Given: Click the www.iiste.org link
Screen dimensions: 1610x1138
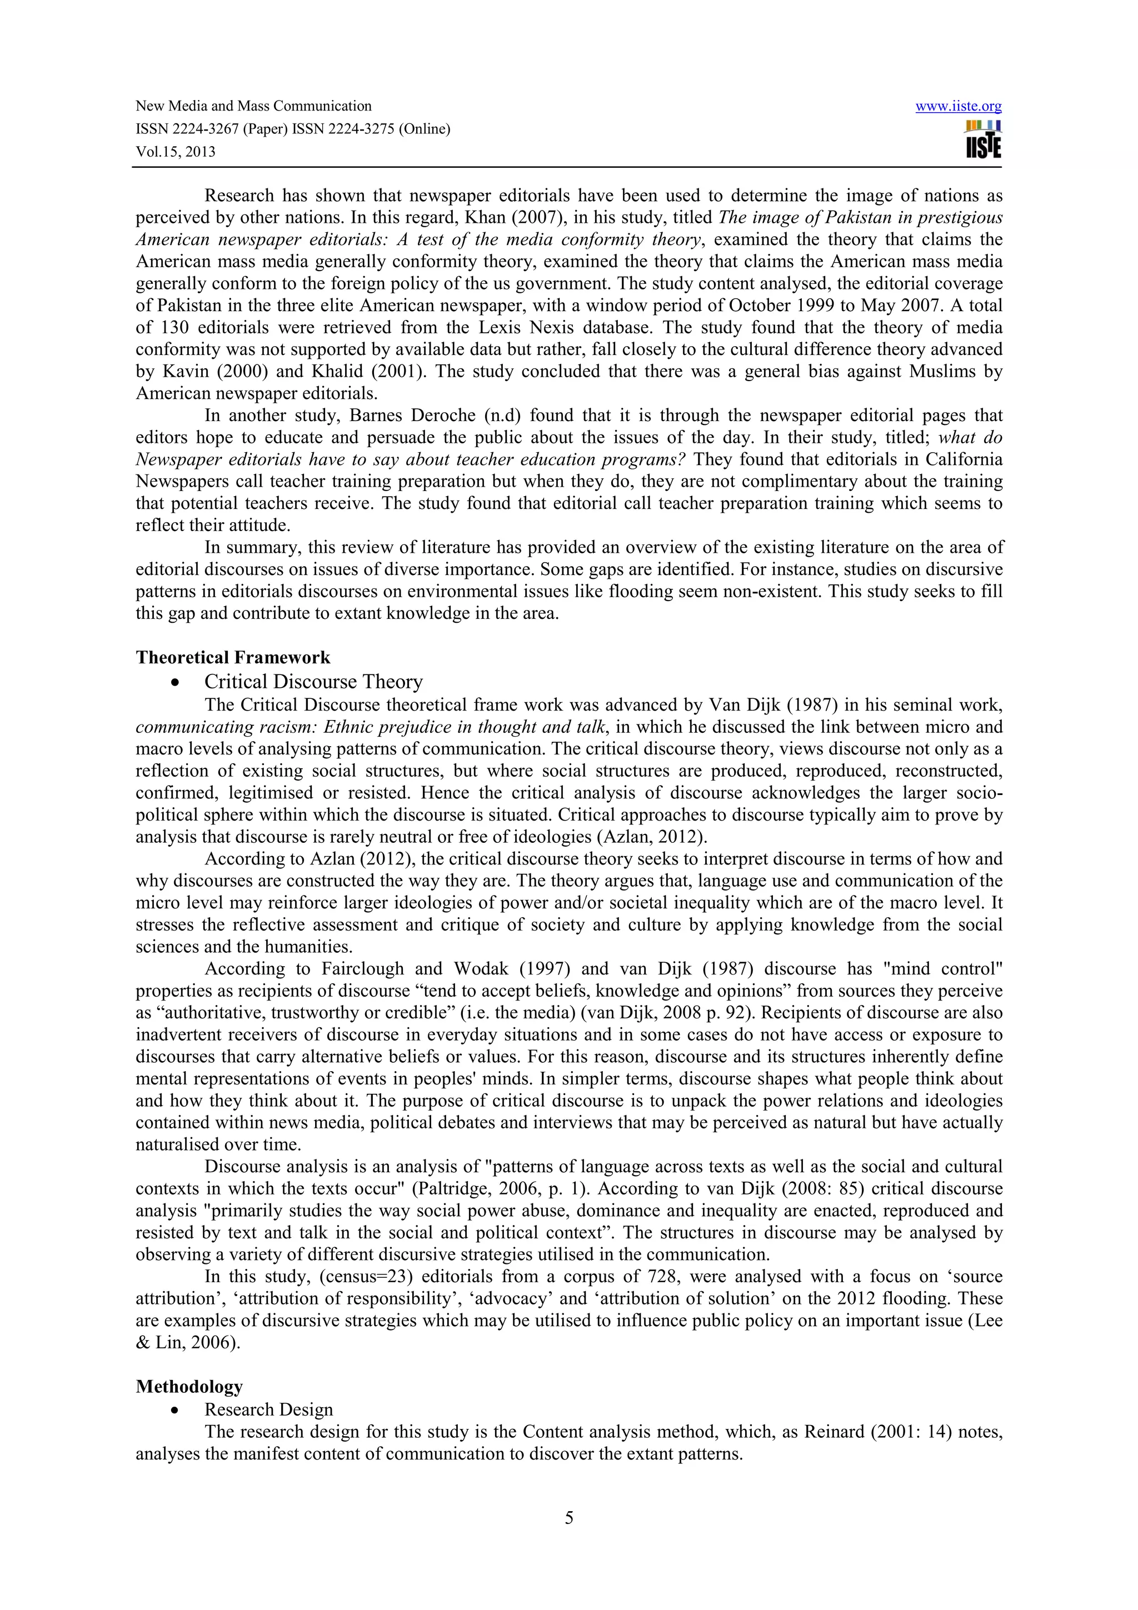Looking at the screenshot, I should coord(958,107).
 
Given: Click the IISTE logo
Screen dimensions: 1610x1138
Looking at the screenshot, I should coord(983,139).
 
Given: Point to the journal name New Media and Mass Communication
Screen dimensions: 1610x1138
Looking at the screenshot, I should coord(253,107).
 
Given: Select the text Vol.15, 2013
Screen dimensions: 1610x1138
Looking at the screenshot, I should coord(175,152).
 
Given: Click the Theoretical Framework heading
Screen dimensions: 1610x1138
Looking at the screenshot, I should coord(233,658).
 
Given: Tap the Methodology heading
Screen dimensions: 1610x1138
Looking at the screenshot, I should coord(189,1386).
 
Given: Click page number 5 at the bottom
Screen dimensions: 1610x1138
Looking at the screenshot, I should coord(568,1518).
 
